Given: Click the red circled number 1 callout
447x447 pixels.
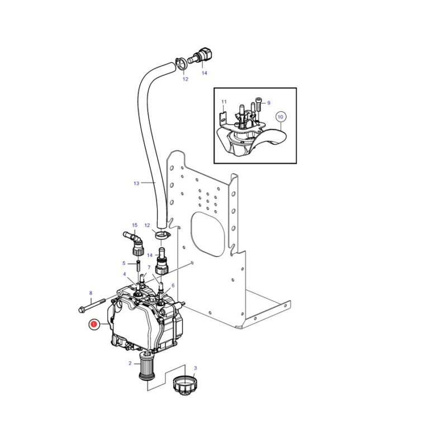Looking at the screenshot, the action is (93, 325).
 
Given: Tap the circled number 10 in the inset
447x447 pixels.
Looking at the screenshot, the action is (280, 117).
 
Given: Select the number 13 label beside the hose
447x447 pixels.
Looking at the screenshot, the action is (136, 183).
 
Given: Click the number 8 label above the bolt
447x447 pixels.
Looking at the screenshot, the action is (91, 293).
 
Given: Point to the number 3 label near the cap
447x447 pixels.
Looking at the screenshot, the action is (195, 368).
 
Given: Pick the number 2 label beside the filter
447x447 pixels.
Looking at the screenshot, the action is (130, 363).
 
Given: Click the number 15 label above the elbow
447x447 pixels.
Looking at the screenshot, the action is (135, 225).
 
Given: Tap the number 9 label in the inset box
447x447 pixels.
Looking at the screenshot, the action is (269, 103).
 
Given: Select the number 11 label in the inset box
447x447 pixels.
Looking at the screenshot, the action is (224, 102).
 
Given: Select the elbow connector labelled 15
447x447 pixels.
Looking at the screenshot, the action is (134, 244).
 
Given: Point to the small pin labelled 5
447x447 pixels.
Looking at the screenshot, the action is (138, 265).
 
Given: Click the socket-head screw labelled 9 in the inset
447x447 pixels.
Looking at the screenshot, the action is (259, 104).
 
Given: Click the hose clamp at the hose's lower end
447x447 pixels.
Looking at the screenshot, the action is (162, 235).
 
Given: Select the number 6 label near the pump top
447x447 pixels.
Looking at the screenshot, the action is (173, 286).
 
